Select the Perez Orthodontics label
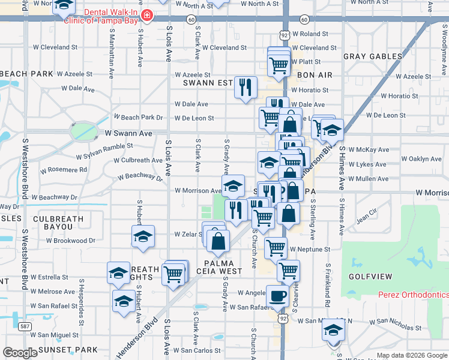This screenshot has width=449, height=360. pyautogui.click(x=414, y=295)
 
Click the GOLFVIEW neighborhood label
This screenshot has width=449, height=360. pyautogui.click(x=372, y=277)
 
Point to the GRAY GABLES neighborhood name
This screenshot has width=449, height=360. pyautogui.click(x=373, y=56)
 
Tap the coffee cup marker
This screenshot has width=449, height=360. pyautogui.click(x=277, y=295)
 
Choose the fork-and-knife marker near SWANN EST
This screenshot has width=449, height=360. pyautogui.click(x=245, y=87)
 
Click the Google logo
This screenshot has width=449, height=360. pyautogui.click(x=20, y=353)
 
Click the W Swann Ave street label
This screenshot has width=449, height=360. pyautogui.click(x=128, y=133)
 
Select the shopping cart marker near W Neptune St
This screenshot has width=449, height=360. pyautogui.click(x=276, y=246)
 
